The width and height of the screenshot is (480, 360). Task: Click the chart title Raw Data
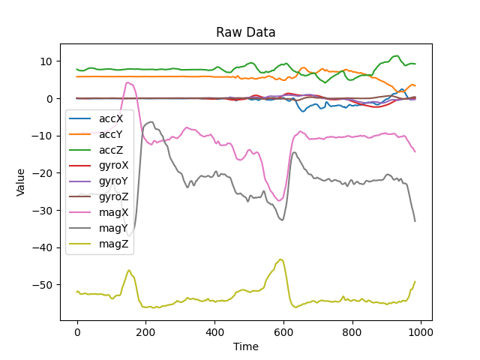(245, 32)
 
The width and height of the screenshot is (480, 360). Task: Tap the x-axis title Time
(245, 346)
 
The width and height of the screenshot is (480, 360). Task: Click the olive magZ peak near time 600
(280, 259)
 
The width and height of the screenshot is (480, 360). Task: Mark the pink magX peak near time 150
(127, 82)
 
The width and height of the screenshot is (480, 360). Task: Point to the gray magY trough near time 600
(282, 220)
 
